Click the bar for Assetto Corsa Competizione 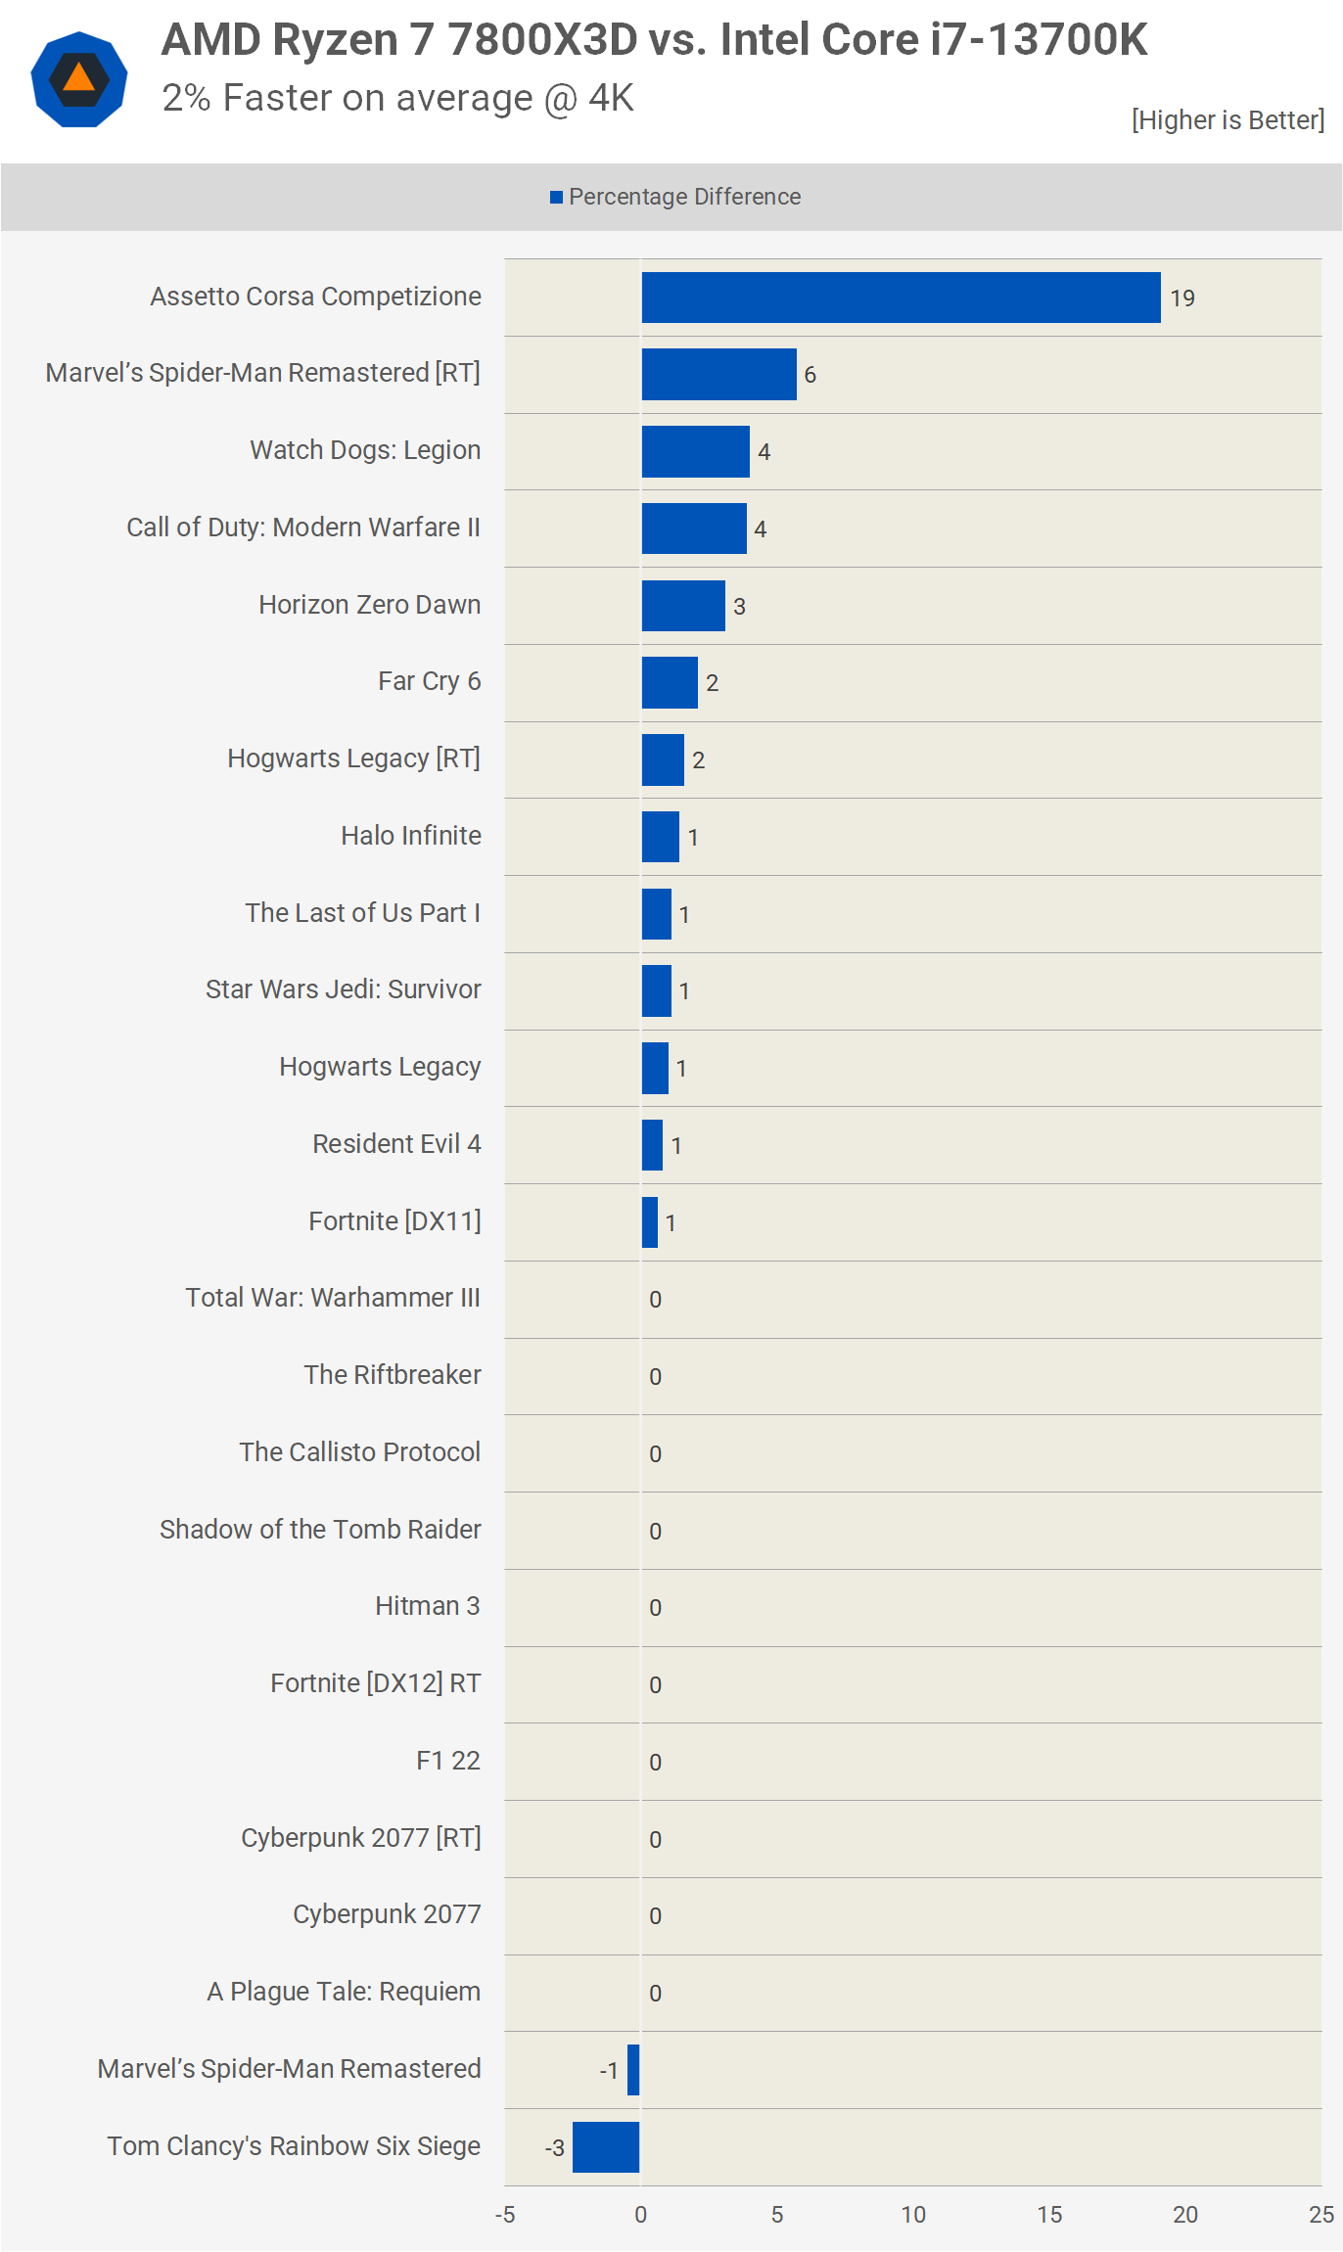click(x=901, y=298)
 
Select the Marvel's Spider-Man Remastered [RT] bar click(x=719, y=374)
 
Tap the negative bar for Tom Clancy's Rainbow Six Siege click(x=606, y=2147)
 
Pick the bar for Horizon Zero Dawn click(x=683, y=606)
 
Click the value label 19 click(x=1182, y=299)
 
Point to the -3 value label click(x=555, y=2148)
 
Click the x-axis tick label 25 click(x=1321, y=2215)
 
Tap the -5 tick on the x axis click(x=505, y=2215)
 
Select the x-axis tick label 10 click(x=913, y=2215)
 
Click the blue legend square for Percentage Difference click(x=556, y=198)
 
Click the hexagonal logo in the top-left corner click(x=79, y=79)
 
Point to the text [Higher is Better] click(x=1228, y=120)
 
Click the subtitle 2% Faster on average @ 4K click(x=398, y=99)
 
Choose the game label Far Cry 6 click(x=430, y=681)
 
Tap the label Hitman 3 click(x=428, y=1606)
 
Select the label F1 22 click(x=448, y=1761)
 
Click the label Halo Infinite click(x=411, y=836)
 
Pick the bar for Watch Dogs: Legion click(x=696, y=451)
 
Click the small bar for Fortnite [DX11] click(x=650, y=1222)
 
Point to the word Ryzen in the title click(x=335, y=41)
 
